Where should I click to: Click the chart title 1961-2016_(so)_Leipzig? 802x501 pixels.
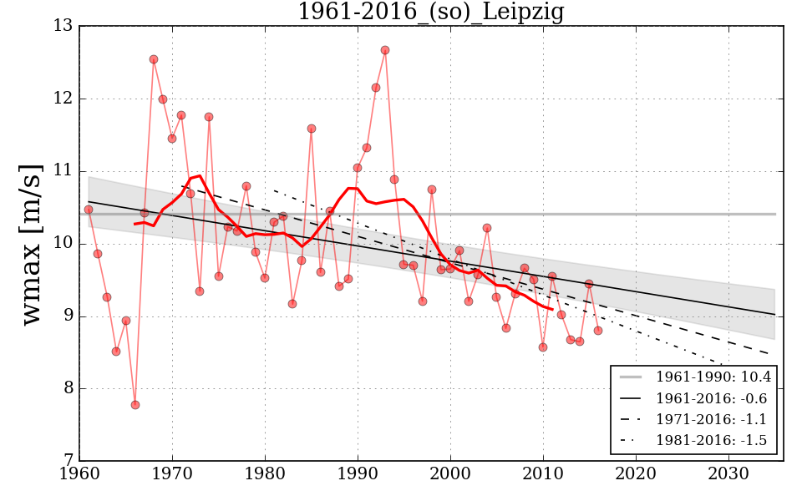click(x=431, y=13)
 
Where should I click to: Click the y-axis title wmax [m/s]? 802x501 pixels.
click(x=31, y=243)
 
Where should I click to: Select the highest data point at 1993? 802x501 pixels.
click(x=385, y=50)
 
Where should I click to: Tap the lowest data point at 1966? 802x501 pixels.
click(x=135, y=405)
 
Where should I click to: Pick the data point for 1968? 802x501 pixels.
click(x=154, y=59)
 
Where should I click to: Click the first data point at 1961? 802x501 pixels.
click(x=89, y=210)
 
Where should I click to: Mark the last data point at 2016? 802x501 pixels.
click(x=598, y=331)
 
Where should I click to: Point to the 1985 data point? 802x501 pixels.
click(x=312, y=129)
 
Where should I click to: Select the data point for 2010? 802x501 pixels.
click(x=543, y=347)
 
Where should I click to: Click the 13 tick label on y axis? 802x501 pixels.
click(x=63, y=27)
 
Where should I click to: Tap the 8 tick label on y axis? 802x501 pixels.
click(x=67, y=389)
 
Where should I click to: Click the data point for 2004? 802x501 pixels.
click(x=487, y=228)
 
